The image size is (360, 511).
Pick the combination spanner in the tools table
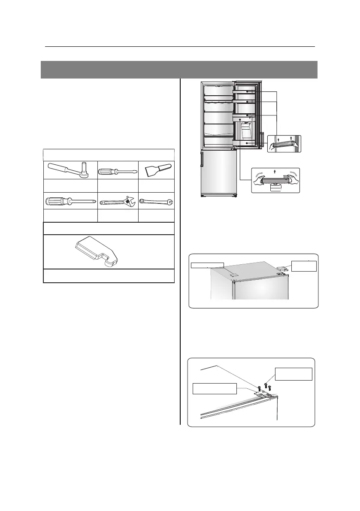pyautogui.click(x=156, y=200)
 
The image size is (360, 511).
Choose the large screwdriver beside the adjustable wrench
pyautogui.click(x=70, y=200)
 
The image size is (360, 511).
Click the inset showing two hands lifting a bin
pyautogui.click(x=275, y=180)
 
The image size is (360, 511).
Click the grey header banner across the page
pyautogui.click(x=179, y=70)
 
